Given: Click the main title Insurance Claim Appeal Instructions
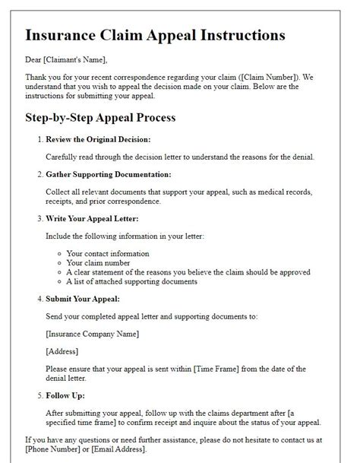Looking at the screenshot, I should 155,35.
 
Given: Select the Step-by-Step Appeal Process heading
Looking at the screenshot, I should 100,118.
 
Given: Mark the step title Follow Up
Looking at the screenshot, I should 65,396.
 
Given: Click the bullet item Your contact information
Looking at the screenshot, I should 108,253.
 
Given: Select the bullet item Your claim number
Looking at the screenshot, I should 97,262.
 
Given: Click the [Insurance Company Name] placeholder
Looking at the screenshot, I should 93,332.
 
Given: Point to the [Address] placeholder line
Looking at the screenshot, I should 63,351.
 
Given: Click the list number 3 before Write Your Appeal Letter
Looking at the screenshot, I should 39,220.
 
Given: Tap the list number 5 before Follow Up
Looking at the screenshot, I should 39,396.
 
